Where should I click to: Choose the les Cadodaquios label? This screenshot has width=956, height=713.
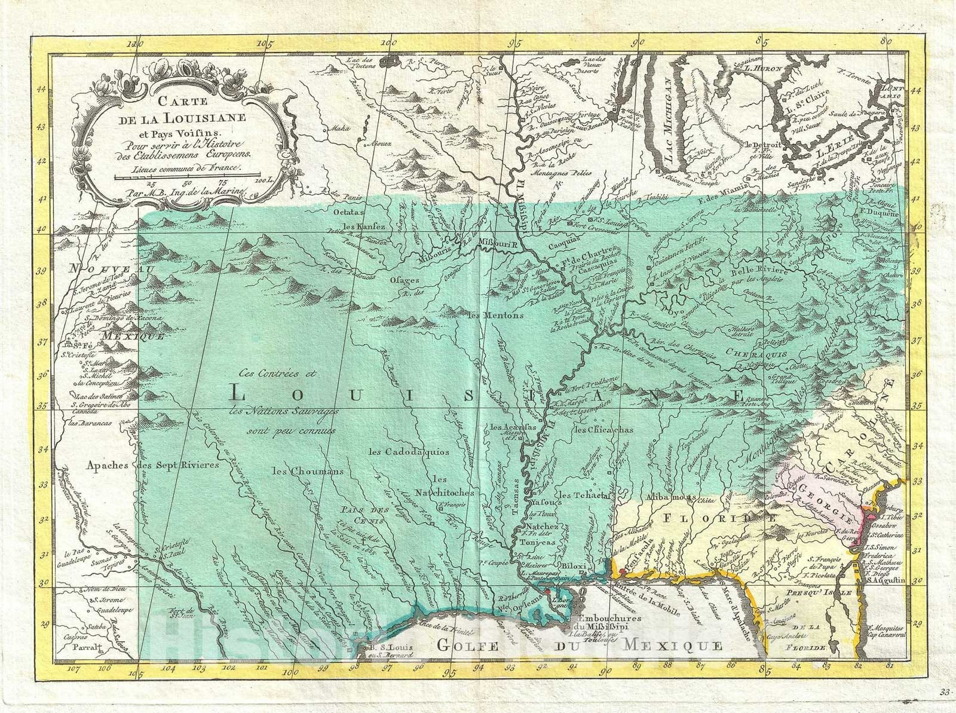click(x=409, y=452)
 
